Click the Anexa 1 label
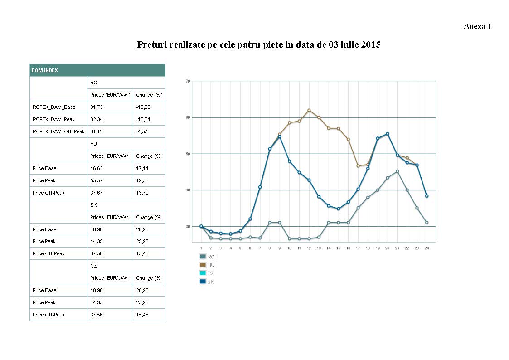477,26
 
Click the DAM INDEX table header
44,70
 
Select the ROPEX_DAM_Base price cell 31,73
97,107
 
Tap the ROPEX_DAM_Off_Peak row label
58,131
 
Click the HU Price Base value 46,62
97,168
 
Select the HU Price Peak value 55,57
97,180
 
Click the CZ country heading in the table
93,266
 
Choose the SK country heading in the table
93,205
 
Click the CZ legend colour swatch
202,273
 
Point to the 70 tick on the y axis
188,81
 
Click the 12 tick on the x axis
309,248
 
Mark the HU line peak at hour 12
309,110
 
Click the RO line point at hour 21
397,171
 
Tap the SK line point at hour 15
338,209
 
